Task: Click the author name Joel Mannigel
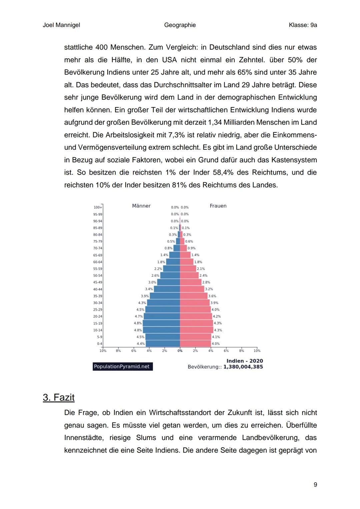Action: [61, 25]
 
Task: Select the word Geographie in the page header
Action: [180, 25]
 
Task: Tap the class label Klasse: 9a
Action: [303, 25]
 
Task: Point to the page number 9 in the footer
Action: [315, 484]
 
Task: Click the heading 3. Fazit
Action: [59, 397]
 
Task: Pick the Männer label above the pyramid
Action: [141, 206]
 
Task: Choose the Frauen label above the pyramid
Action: [218, 206]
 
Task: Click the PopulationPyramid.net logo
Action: [122, 367]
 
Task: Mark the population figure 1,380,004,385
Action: [243, 367]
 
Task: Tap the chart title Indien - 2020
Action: [245, 361]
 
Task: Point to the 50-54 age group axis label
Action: [98, 276]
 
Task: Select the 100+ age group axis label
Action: [98, 207]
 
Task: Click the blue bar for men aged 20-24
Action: [162, 316]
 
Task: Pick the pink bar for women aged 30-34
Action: [195, 303]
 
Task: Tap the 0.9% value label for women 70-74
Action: [192, 248]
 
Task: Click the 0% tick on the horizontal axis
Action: [180, 351]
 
